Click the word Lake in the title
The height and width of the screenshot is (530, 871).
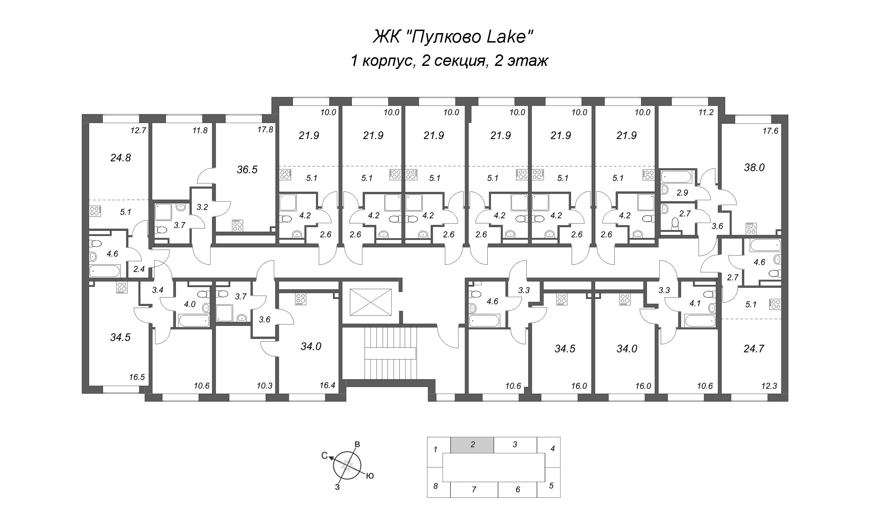click(x=508, y=37)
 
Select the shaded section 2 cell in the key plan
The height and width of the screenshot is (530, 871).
click(x=472, y=445)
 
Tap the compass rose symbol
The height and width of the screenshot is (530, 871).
click(x=347, y=465)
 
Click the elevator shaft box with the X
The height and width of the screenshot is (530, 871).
click(x=370, y=302)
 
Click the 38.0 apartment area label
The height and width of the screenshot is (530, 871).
click(x=754, y=168)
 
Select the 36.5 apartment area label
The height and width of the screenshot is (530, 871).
click(x=247, y=170)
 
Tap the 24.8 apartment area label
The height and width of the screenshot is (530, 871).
click(x=121, y=158)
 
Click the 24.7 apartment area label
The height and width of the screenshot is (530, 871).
click(x=754, y=349)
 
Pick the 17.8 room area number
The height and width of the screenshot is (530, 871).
click(x=265, y=130)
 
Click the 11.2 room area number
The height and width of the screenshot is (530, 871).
click(x=706, y=113)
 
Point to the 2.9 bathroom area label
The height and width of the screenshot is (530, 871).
click(x=682, y=193)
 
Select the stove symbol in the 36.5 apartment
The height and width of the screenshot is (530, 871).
click(x=237, y=225)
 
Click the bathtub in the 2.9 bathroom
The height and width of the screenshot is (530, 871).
click(x=676, y=177)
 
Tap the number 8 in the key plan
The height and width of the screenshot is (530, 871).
click(x=435, y=486)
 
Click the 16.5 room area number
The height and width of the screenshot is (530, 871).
click(x=137, y=377)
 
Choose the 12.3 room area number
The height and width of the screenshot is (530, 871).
click(x=770, y=386)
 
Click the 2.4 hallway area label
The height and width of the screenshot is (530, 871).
click(x=139, y=269)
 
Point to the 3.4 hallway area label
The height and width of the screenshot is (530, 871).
click(x=157, y=290)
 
